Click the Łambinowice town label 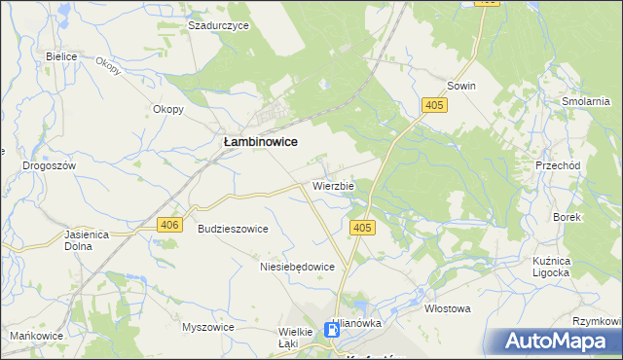click(x=261, y=142)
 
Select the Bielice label click(x=61, y=56)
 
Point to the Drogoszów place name click(x=50, y=166)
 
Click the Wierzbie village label click(x=334, y=185)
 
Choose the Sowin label click(x=461, y=86)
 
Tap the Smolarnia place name click(x=586, y=101)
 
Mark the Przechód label click(x=558, y=166)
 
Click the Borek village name click(x=567, y=218)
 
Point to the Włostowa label click(x=448, y=308)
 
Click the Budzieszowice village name click(x=233, y=229)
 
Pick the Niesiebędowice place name click(x=297, y=267)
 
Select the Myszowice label click(x=208, y=327)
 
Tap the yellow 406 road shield click(x=170, y=225)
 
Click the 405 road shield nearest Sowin click(x=435, y=104)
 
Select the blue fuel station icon click(x=333, y=331)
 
